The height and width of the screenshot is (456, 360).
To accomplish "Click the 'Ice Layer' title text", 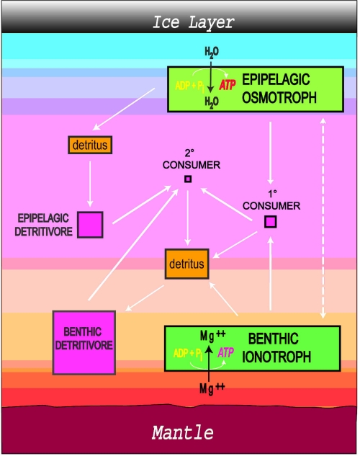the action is click(193, 22).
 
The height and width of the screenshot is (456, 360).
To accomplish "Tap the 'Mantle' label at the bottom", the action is click(183, 432).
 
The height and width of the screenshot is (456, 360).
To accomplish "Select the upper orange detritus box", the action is click(90, 145).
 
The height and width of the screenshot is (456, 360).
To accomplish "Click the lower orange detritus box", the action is click(186, 264).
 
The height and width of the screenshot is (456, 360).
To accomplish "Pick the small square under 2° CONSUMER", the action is click(188, 179).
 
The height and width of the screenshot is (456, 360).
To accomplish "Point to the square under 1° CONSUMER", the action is click(271, 222).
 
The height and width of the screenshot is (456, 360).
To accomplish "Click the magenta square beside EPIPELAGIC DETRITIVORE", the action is click(90, 225).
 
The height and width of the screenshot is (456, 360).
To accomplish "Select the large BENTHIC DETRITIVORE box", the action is click(84, 343).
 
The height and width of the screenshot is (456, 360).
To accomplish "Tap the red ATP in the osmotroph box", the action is click(228, 85).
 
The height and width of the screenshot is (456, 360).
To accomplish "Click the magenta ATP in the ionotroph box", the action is click(226, 353).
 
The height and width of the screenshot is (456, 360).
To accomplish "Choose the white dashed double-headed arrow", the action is click(323, 218).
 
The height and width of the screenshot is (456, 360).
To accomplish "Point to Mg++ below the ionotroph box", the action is click(212, 388).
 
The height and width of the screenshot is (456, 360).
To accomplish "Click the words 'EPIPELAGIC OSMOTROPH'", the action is click(279, 89).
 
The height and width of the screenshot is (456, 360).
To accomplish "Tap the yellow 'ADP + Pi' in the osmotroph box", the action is click(190, 86).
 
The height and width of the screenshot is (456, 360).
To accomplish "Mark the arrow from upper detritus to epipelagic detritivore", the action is click(90, 184).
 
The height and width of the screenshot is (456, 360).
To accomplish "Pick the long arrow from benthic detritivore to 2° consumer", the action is click(133, 245).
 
